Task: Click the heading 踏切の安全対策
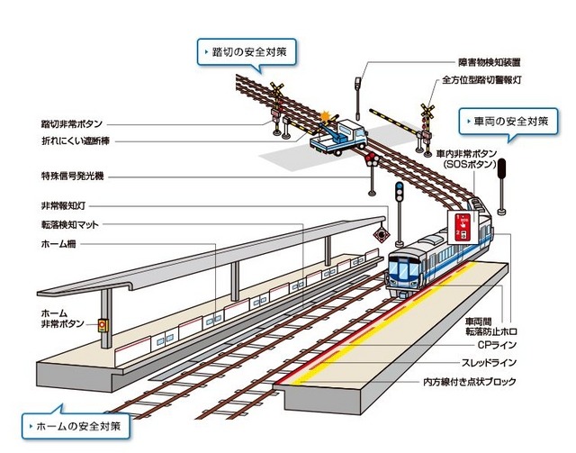(248, 51)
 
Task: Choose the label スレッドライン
(490, 363)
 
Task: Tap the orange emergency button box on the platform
(103, 326)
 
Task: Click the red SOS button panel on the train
(461, 228)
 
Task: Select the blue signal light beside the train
(399, 192)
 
